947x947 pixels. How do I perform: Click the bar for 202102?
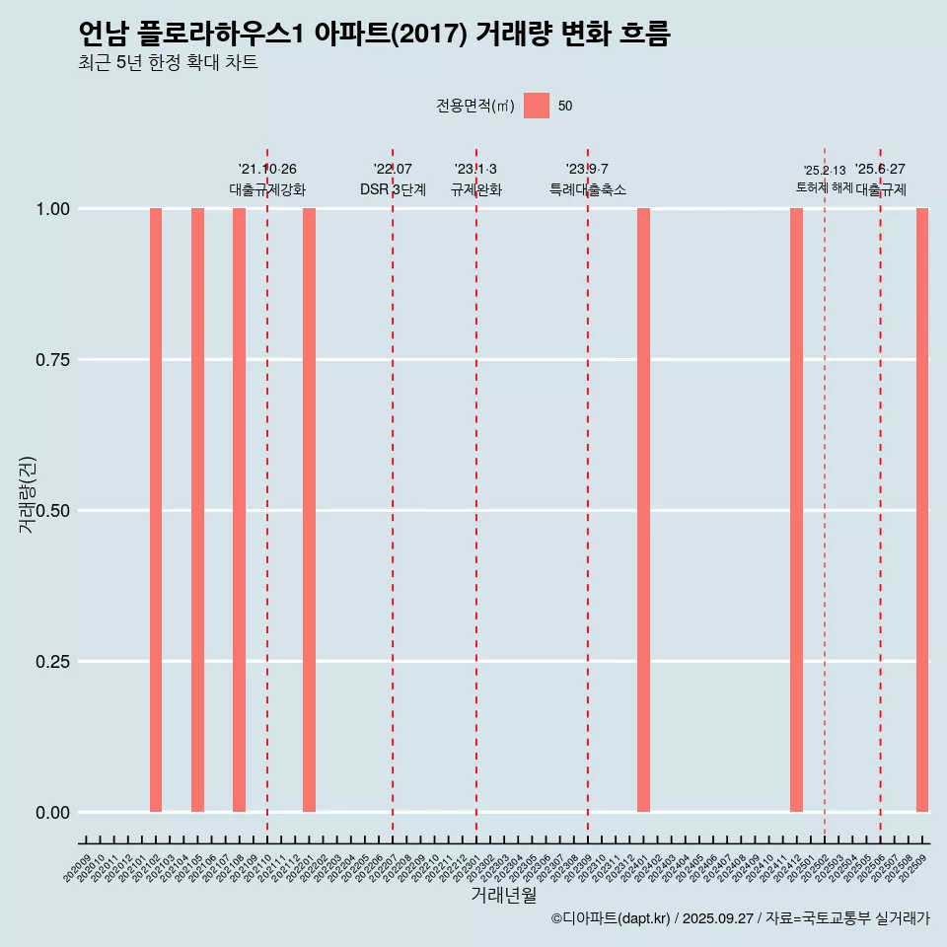(x=156, y=510)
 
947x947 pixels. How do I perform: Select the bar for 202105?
(x=197, y=510)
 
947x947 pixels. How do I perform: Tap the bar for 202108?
(x=239, y=510)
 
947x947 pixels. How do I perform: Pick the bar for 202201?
(x=309, y=510)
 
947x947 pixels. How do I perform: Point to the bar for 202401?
(x=643, y=510)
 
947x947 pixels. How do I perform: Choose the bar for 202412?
(x=796, y=510)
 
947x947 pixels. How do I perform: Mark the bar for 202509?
(x=922, y=510)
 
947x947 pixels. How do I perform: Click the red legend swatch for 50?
(x=537, y=106)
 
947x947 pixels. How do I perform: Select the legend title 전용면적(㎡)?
(x=474, y=106)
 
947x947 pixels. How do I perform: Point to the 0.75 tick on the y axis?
(x=51, y=360)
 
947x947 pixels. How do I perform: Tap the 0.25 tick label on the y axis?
(x=51, y=662)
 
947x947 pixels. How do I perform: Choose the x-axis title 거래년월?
(x=504, y=896)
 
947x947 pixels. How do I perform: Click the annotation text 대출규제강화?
(x=267, y=189)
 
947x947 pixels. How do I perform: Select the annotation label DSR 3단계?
(x=393, y=189)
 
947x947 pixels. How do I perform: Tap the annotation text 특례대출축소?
(x=588, y=189)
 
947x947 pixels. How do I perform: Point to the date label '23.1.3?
(x=475, y=169)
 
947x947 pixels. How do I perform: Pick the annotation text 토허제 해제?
(x=824, y=187)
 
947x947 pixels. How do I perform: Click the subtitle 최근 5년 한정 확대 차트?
(x=168, y=63)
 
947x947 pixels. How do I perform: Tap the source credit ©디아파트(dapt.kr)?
(x=611, y=918)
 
